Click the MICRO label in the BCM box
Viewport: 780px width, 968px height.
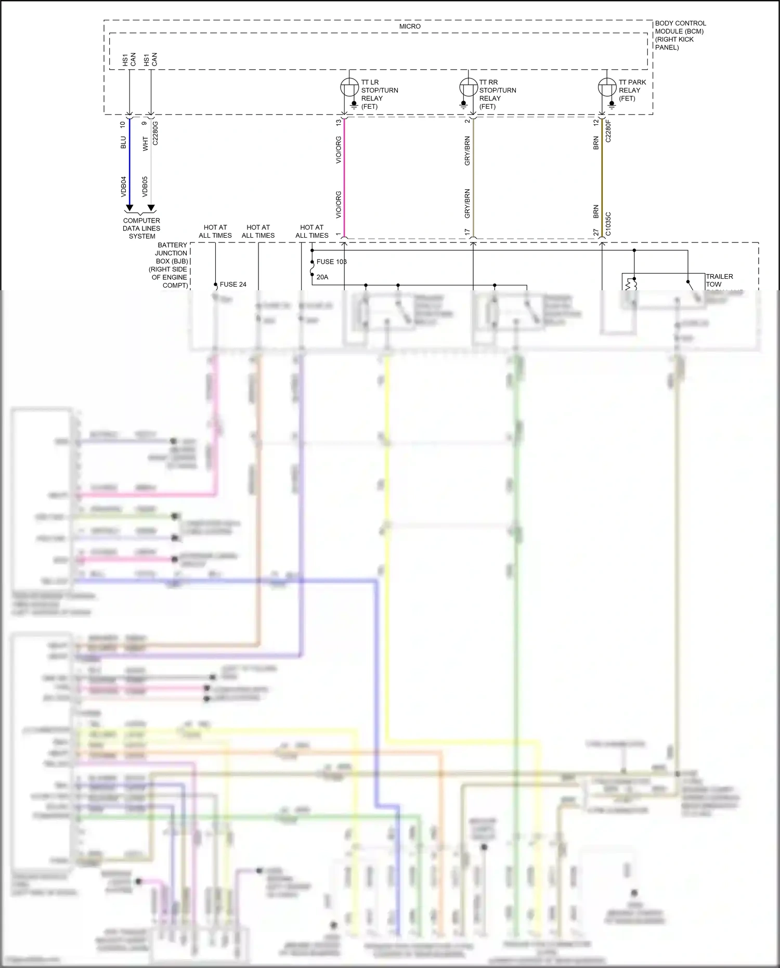[410, 27]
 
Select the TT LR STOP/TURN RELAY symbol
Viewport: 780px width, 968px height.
[349, 87]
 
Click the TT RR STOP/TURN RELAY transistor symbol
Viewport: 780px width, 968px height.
[468, 87]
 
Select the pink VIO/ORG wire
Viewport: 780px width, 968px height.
[344, 177]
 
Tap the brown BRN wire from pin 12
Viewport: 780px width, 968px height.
[602, 177]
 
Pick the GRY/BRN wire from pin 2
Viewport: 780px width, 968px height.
[473, 177]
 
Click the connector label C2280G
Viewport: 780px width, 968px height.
[155, 133]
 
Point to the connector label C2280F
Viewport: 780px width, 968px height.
[608, 131]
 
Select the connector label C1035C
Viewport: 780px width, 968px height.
[608, 224]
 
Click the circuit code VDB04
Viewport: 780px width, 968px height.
[124, 187]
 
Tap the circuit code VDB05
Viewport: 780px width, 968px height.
[145, 187]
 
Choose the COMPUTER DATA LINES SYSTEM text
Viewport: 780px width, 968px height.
[141, 228]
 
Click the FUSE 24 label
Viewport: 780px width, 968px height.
[233, 285]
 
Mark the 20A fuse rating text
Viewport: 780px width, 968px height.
[322, 277]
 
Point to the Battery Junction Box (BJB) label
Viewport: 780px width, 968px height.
[170, 265]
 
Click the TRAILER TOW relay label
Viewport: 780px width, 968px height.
[719, 280]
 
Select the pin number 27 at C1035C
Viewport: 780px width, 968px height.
[596, 233]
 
